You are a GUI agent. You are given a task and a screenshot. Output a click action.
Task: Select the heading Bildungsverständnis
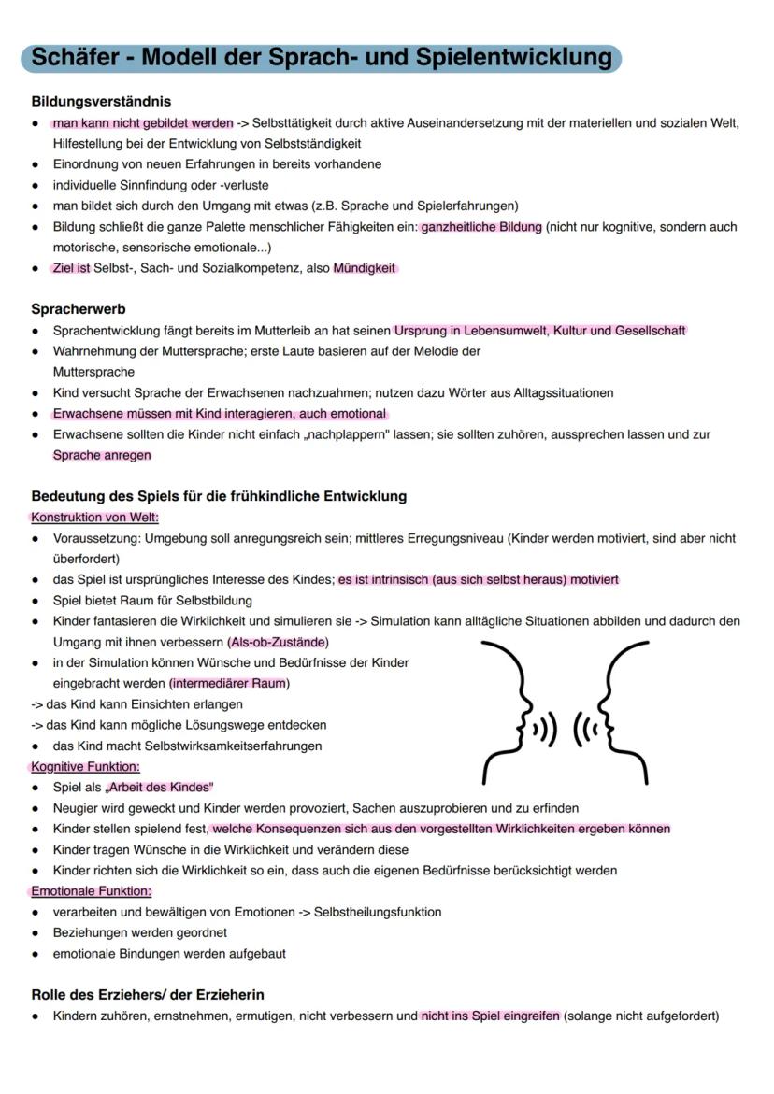[x=101, y=101]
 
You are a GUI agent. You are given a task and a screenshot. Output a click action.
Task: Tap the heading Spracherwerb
[x=79, y=308]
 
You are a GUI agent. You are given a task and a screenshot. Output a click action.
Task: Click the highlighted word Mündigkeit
[x=365, y=268]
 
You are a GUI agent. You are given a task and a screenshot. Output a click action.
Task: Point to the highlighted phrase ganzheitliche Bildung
[x=481, y=227]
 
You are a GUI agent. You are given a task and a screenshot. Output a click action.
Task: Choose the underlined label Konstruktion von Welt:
[x=94, y=517]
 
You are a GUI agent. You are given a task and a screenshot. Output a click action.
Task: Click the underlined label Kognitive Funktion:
[x=85, y=766]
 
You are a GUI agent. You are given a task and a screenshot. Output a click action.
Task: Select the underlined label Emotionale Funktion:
[x=91, y=891]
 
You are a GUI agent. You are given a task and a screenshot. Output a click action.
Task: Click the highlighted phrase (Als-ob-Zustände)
[x=278, y=642]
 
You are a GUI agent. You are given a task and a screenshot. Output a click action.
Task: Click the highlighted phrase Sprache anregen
[x=102, y=455]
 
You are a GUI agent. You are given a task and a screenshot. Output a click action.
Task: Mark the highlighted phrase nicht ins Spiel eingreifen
[x=491, y=1016]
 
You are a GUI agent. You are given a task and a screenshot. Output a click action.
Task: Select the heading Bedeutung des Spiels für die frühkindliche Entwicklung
[x=219, y=496]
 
